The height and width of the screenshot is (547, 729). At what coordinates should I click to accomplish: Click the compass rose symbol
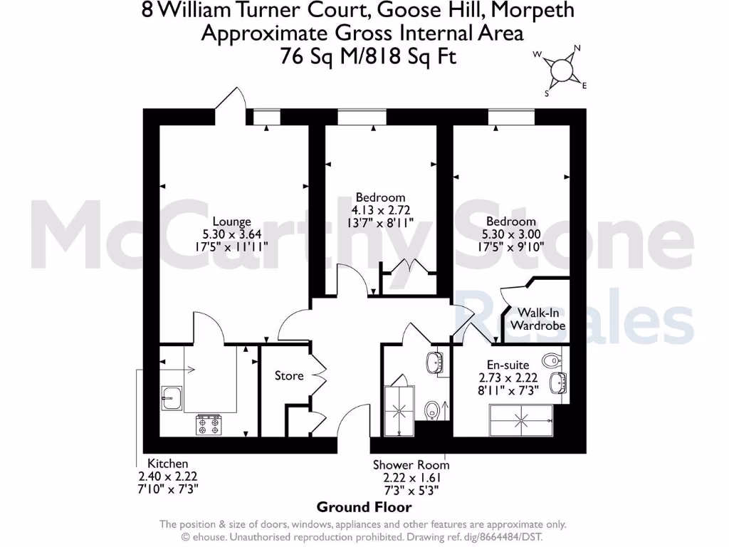point(561,69)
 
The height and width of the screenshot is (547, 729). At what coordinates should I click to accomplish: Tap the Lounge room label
point(232,222)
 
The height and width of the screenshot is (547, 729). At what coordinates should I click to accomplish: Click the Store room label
point(289,375)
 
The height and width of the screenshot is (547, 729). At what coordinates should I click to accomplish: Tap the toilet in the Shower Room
point(431,411)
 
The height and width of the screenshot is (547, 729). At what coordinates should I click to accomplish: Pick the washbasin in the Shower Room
point(434,363)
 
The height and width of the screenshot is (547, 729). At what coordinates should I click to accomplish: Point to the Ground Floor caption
point(364,507)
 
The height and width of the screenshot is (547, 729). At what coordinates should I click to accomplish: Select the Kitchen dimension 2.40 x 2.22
point(168,476)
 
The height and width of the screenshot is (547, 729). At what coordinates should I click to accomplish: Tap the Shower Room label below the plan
point(411,464)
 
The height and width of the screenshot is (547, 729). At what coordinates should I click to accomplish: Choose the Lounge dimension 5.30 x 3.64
point(232,234)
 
